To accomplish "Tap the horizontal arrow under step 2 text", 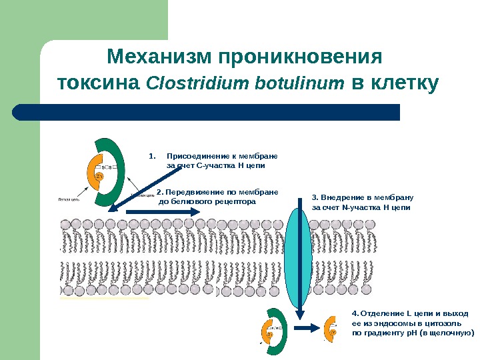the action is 161,211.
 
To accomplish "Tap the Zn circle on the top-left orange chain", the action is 99,176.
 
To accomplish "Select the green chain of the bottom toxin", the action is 279,333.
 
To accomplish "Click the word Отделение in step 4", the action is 383,312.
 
